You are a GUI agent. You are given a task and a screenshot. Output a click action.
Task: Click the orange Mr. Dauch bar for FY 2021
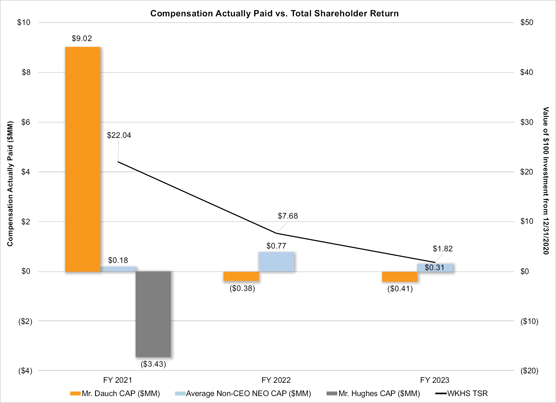[83, 159]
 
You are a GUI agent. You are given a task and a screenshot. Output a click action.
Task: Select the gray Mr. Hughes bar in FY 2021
[153, 314]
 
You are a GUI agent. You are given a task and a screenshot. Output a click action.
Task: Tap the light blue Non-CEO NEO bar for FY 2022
[276, 262]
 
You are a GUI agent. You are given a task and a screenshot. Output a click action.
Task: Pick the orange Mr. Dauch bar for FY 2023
[400, 277]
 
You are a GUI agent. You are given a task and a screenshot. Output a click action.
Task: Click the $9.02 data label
[82, 38]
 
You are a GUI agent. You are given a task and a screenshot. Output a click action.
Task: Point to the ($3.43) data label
[153, 364]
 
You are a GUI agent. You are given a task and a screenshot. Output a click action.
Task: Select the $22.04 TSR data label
[119, 135]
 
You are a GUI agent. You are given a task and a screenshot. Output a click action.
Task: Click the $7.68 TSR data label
[288, 216]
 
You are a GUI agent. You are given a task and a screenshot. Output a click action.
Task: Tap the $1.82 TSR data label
[443, 249]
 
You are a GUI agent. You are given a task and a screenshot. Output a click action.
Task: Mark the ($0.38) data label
[242, 288]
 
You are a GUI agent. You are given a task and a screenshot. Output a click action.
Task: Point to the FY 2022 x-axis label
[276, 380]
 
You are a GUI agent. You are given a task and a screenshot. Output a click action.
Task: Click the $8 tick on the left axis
[26, 72]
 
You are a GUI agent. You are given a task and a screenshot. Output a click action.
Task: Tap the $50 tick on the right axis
[527, 22]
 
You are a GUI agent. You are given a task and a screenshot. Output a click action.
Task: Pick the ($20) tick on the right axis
[529, 371]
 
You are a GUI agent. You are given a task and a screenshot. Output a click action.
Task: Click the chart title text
[274, 13]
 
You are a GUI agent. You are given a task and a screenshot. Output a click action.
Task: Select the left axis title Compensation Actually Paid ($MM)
[10, 183]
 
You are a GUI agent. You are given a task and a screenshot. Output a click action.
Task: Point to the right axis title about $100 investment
[546, 180]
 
